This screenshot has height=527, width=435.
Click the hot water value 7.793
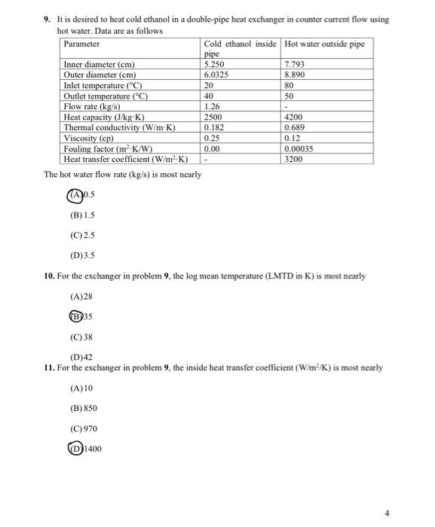(295, 65)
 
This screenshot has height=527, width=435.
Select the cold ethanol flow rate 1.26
(213, 107)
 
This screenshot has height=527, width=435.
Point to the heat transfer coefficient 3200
(295, 160)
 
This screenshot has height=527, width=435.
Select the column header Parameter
(82, 44)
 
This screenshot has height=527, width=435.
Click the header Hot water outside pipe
(325, 44)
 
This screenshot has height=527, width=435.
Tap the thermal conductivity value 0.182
(215, 128)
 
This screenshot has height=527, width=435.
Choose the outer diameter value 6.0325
(218, 75)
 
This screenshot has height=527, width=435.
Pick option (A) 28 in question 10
(81, 297)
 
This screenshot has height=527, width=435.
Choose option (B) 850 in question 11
(83, 408)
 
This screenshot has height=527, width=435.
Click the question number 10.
(49, 276)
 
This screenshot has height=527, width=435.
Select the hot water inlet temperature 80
(289, 86)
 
